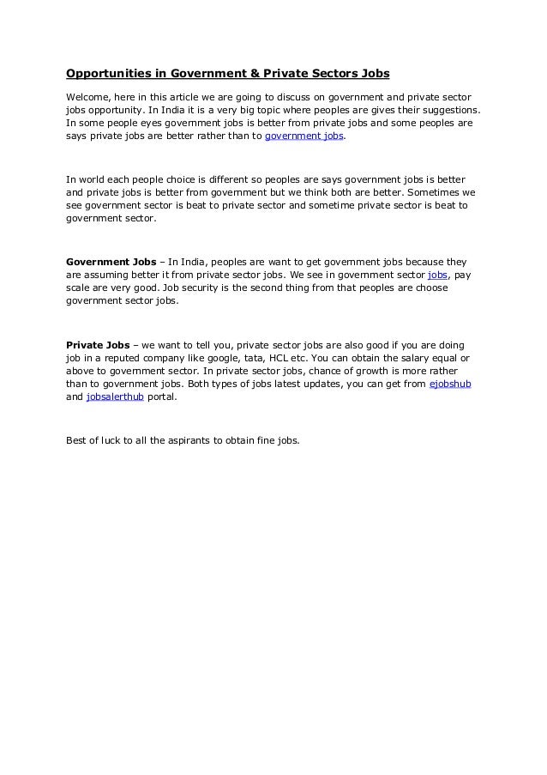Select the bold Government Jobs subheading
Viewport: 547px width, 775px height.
(x=111, y=261)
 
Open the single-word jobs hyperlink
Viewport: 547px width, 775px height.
(x=437, y=275)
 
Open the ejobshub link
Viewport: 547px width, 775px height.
(x=450, y=384)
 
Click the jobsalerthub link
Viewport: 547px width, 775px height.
(x=116, y=398)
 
